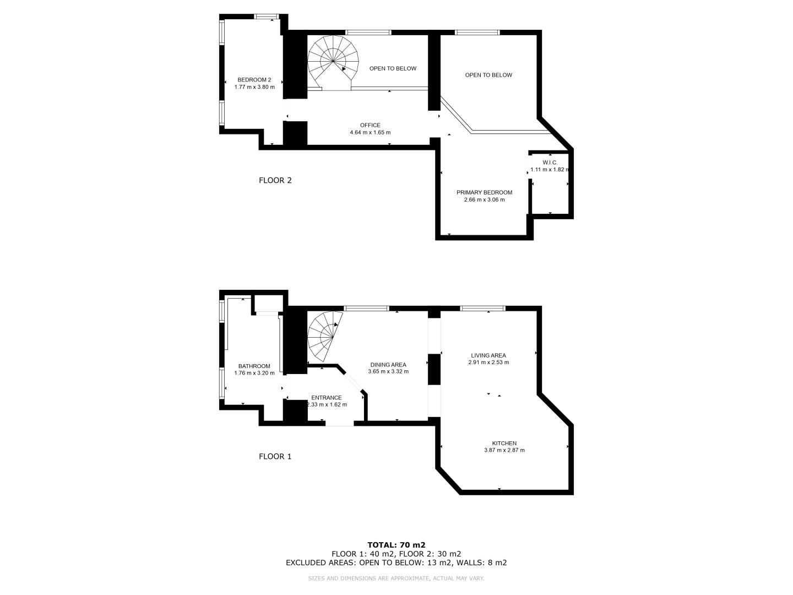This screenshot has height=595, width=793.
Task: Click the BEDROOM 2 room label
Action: pyautogui.click(x=254, y=80)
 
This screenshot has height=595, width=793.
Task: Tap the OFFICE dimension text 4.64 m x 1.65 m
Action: pyautogui.click(x=370, y=132)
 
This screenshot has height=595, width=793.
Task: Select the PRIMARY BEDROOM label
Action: pyautogui.click(x=484, y=193)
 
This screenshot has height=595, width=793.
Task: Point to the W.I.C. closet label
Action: pyautogui.click(x=550, y=163)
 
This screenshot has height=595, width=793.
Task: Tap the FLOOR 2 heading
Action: pyautogui.click(x=275, y=180)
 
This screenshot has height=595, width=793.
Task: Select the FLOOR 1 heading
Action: pyautogui.click(x=275, y=456)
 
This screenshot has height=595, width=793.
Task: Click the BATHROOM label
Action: pyautogui.click(x=254, y=366)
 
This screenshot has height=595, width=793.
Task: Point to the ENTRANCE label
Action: pyautogui.click(x=326, y=397)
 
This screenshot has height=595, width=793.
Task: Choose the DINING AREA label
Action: pyautogui.click(x=388, y=365)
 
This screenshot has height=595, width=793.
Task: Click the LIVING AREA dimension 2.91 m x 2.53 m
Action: pyautogui.click(x=488, y=363)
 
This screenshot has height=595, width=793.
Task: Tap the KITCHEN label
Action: pyautogui.click(x=504, y=443)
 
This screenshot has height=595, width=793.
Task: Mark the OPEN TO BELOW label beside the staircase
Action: pyautogui.click(x=393, y=69)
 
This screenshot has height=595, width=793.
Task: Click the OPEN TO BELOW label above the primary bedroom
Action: pyautogui.click(x=488, y=75)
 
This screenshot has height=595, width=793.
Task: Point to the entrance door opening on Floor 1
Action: pyautogui.click(x=340, y=424)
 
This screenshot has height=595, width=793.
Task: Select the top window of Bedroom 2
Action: pyautogui.click(x=267, y=17)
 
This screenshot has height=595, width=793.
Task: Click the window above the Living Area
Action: pyautogui.click(x=482, y=308)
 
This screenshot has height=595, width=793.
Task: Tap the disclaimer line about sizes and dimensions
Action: pyautogui.click(x=396, y=578)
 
